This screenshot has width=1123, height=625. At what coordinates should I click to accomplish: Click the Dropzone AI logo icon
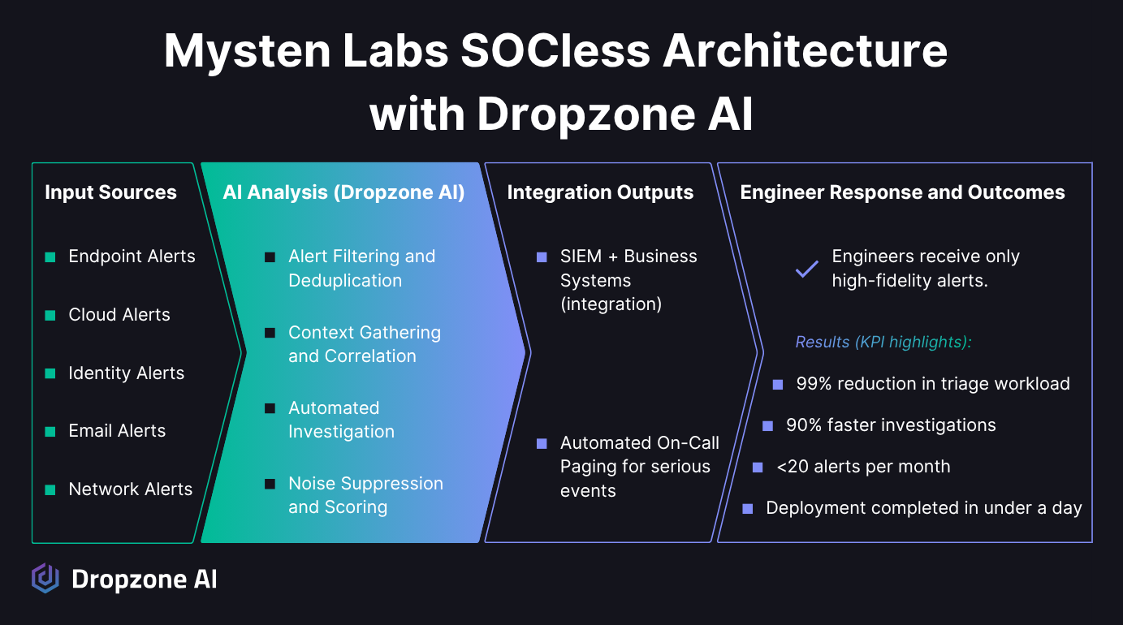click(x=45, y=578)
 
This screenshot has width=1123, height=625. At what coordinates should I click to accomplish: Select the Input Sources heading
click(x=110, y=192)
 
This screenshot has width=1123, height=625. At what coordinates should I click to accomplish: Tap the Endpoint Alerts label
click(x=132, y=256)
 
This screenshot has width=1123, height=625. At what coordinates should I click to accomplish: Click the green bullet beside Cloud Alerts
click(x=50, y=315)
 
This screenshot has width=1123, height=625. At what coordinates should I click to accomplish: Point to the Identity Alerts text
click(x=126, y=373)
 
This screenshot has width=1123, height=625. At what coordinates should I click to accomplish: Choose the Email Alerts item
click(x=117, y=431)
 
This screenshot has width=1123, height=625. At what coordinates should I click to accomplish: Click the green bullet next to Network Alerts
click(x=50, y=489)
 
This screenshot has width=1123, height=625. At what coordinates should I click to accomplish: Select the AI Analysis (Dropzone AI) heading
click(x=343, y=192)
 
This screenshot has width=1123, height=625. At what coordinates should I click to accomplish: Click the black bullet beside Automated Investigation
click(x=270, y=408)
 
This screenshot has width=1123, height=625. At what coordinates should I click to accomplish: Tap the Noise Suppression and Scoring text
click(x=365, y=495)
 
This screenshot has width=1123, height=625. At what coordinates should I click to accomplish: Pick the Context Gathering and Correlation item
click(x=364, y=344)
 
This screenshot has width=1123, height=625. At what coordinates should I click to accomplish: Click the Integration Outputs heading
click(x=600, y=192)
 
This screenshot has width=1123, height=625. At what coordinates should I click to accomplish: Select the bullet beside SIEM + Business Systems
click(x=542, y=257)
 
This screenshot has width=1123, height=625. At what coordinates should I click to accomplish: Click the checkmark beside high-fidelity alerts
click(x=806, y=269)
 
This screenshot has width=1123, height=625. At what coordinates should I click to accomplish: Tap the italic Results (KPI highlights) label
click(x=883, y=342)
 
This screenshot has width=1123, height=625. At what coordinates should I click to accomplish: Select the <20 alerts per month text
click(x=863, y=467)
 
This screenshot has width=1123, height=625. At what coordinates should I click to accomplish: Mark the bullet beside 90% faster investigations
click(x=767, y=425)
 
